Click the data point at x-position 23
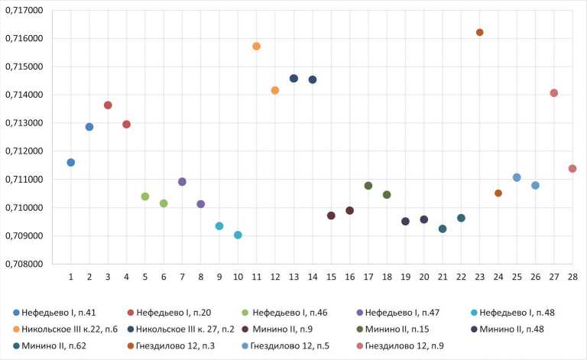click(480, 32)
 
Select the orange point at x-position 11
click(257, 47)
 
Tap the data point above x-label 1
click(71, 162)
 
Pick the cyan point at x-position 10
click(238, 235)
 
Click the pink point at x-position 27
click(554, 93)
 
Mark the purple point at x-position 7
click(182, 182)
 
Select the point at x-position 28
click(572, 168)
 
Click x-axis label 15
click(331, 276)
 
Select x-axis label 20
click(424, 276)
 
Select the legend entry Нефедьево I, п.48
click(520, 312)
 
